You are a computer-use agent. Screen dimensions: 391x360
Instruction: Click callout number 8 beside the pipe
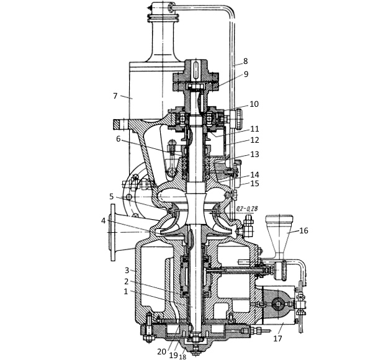tap(245, 61)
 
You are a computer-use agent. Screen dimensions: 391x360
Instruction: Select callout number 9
tap(246, 74)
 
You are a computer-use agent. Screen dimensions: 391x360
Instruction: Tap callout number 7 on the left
tap(115, 96)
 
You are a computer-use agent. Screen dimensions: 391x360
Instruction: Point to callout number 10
tap(254, 104)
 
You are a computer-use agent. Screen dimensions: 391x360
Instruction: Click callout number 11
tap(254, 129)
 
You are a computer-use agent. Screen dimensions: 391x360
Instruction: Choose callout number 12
tap(254, 140)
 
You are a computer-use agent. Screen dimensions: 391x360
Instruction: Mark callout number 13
tap(254, 155)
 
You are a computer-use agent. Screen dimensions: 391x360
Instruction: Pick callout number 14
tap(254, 174)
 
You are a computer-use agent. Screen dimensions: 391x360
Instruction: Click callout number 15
tap(254, 184)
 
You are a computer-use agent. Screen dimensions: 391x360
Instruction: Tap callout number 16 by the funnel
tap(303, 231)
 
